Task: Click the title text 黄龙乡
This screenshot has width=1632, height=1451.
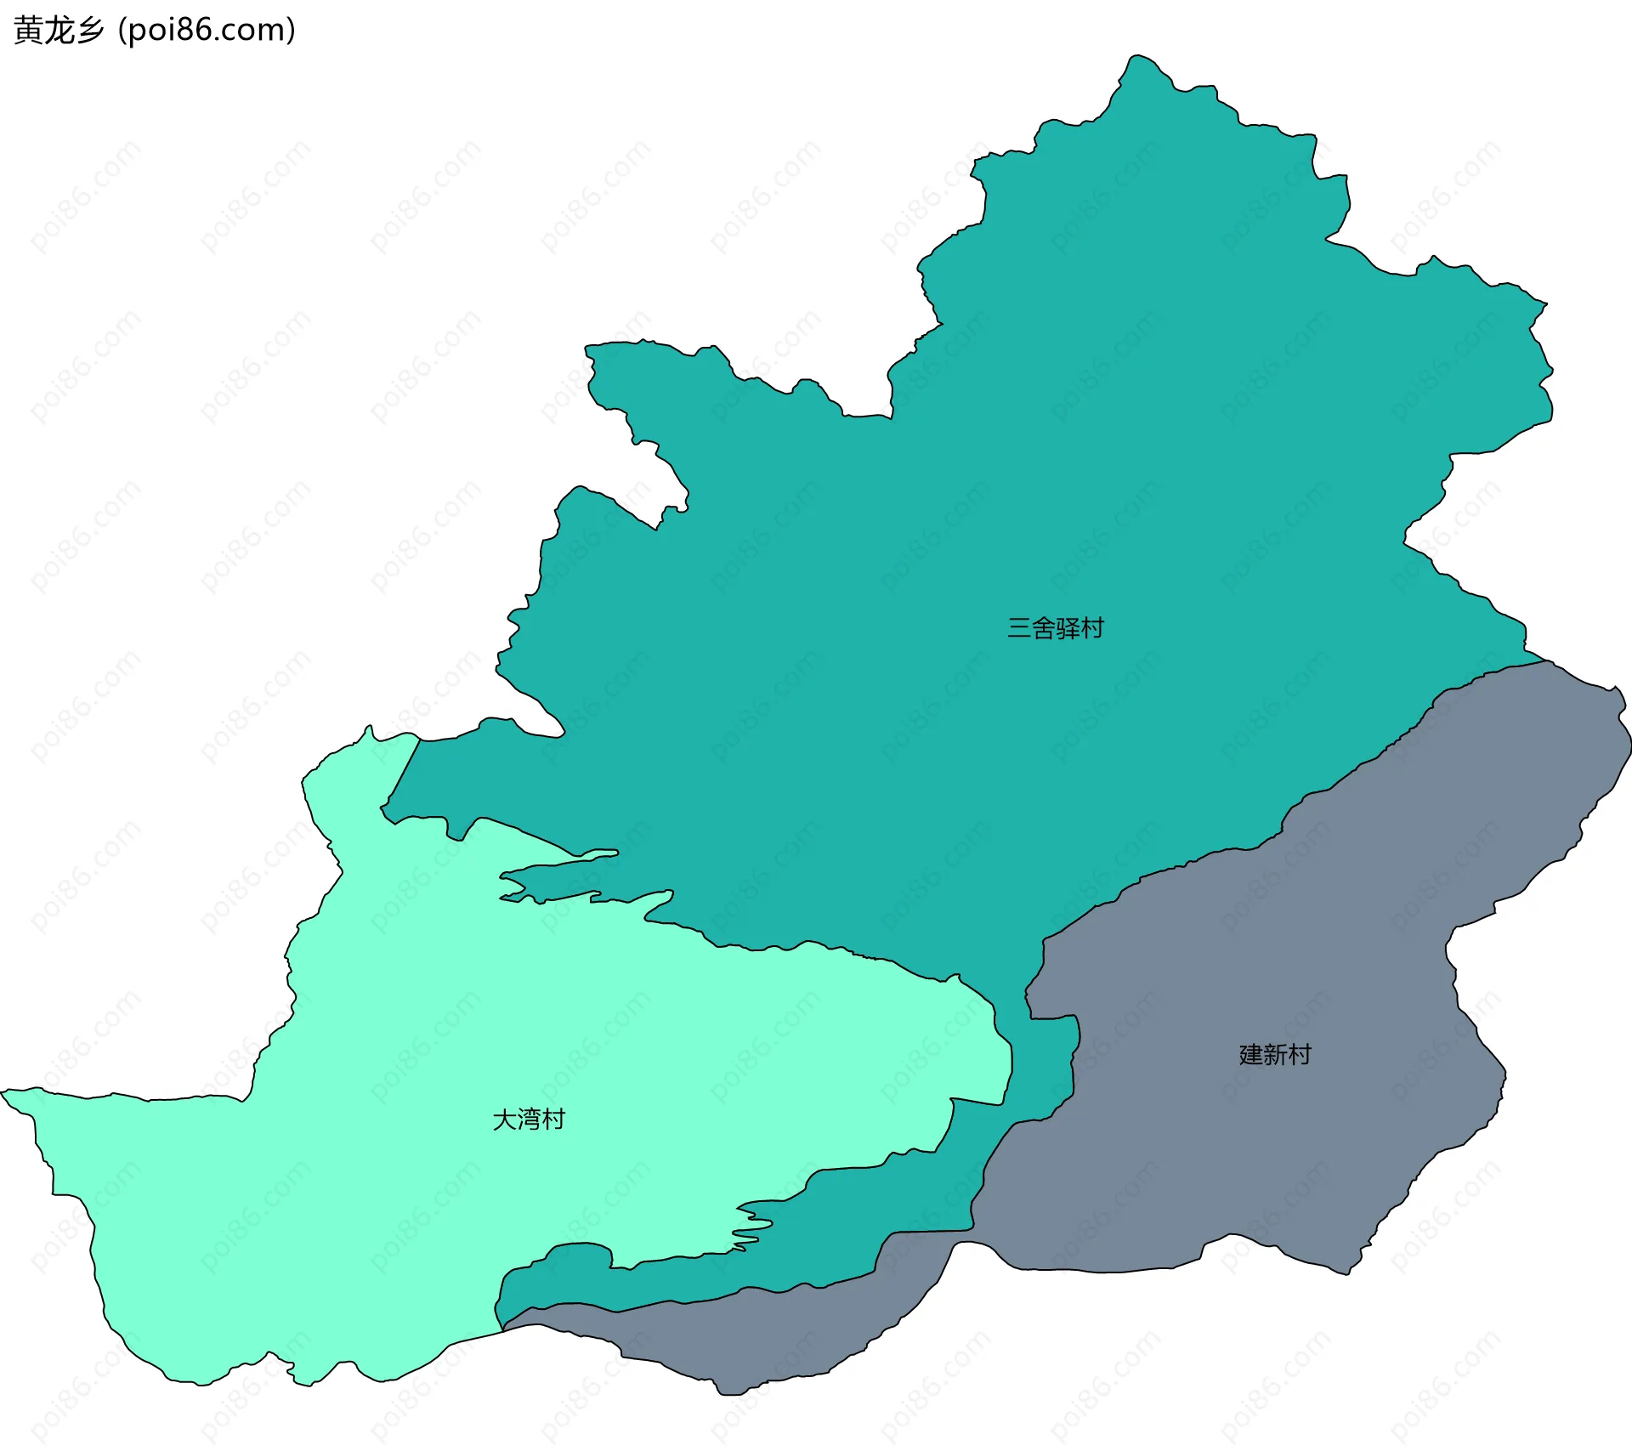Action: click(59, 31)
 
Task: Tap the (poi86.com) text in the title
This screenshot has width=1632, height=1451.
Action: click(207, 31)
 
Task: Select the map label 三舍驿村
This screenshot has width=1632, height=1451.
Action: click(1055, 628)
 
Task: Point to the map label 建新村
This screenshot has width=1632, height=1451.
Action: click(1275, 1055)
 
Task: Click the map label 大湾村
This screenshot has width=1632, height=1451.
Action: click(529, 1119)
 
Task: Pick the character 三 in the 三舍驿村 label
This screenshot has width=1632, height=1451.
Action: click(1019, 628)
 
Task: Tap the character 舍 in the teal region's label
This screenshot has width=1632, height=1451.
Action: click(1043, 628)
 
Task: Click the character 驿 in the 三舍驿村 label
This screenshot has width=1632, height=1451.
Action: click(1068, 628)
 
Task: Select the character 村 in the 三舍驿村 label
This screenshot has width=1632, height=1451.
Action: click(1092, 628)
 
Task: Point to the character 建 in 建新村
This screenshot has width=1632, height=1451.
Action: click(1251, 1055)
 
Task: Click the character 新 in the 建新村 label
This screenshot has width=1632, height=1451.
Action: click(1275, 1055)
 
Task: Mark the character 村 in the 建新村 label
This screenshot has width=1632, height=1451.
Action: click(1300, 1055)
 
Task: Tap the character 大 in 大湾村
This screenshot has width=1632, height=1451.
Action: click(505, 1119)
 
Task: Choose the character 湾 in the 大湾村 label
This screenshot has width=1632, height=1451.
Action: click(529, 1119)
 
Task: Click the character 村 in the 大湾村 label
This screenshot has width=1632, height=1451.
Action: click(553, 1119)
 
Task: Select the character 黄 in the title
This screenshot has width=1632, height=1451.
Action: click(28, 31)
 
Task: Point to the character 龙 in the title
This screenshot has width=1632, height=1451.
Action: click(59, 31)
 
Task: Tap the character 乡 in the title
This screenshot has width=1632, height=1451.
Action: click(89, 31)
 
